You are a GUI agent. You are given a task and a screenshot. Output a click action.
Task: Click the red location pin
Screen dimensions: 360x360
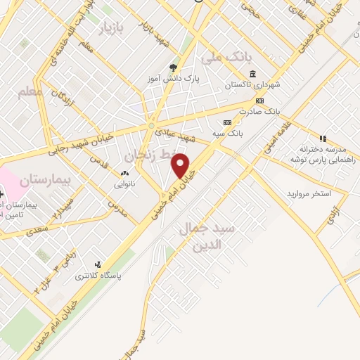click(x=181, y=166)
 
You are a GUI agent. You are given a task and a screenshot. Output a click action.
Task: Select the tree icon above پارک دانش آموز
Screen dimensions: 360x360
click(x=173, y=68)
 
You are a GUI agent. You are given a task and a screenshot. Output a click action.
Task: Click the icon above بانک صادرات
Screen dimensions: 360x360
click(x=259, y=100)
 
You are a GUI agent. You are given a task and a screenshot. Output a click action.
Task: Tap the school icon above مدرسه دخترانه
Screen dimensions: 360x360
click(x=323, y=139)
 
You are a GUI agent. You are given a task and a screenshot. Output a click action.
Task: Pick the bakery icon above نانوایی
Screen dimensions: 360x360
click(x=125, y=174)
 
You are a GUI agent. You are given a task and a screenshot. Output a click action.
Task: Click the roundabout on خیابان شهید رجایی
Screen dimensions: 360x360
click(x=151, y=126)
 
